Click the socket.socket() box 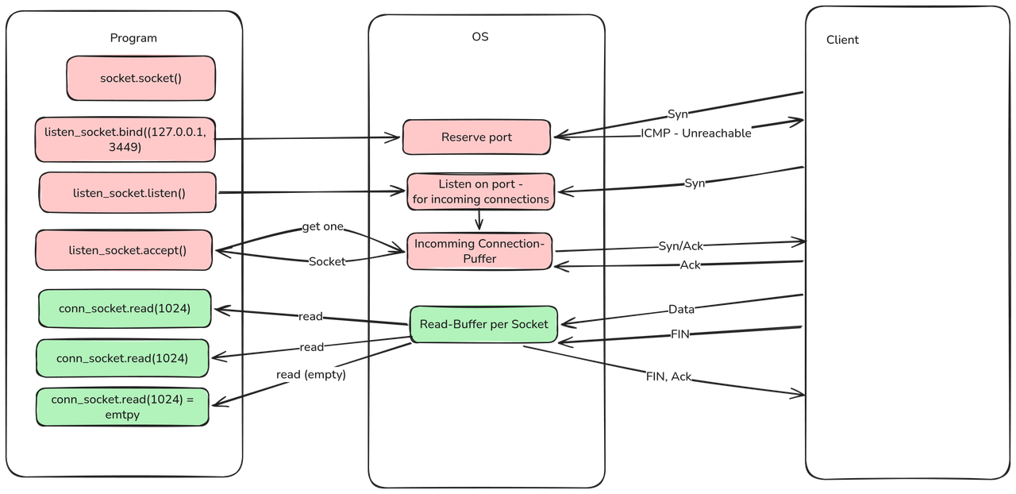point(141,78)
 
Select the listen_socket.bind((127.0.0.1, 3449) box point(125,139)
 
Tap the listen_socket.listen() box point(128,193)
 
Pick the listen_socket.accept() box point(125,250)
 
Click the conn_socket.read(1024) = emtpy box point(123,407)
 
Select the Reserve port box point(476,137)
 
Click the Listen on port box point(480,191)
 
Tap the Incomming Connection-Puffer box point(479,251)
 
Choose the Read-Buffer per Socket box point(483,324)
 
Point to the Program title point(133,38)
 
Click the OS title point(481,37)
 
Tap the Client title point(842,40)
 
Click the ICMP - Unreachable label point(696,133)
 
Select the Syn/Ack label point(680,246)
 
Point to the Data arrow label point(681,309)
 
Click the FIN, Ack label point(668,376)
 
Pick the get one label point(322,227)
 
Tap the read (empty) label point(311,375)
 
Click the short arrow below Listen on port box point(479,220)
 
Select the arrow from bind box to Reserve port point(310,138)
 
